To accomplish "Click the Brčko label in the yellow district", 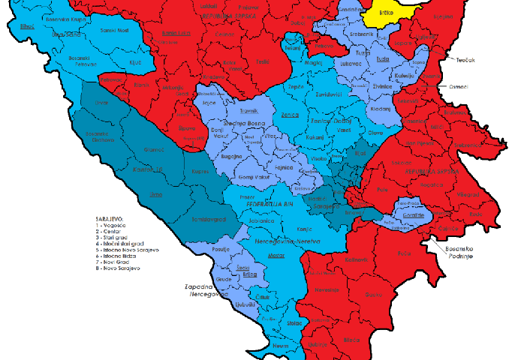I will coord(387,12).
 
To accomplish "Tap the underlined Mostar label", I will coord(277,256).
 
